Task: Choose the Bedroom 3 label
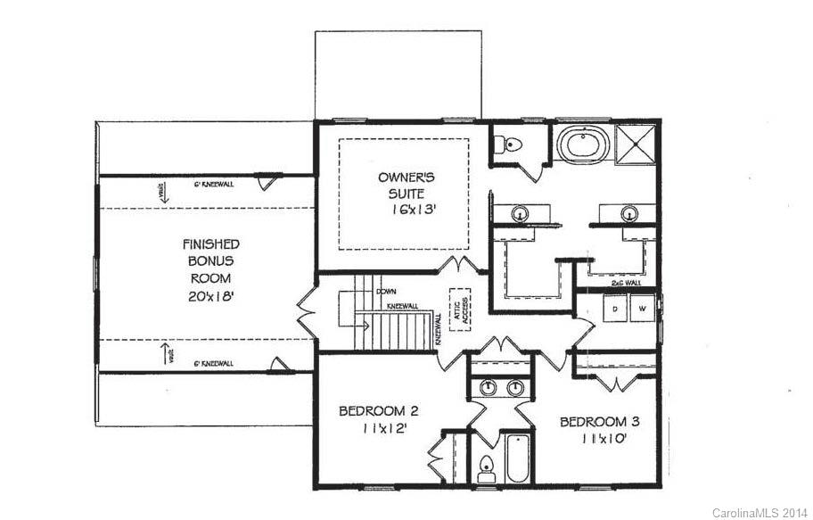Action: pos(599,421)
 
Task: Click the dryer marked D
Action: pos(615,309)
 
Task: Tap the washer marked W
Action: pos(641,309)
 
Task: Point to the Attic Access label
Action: pos(461,309)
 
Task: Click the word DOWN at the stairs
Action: pos(387,292)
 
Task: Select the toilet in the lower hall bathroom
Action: pos(486,467)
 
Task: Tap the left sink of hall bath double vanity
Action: pos(488,388)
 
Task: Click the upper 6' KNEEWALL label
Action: pos(214,185)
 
